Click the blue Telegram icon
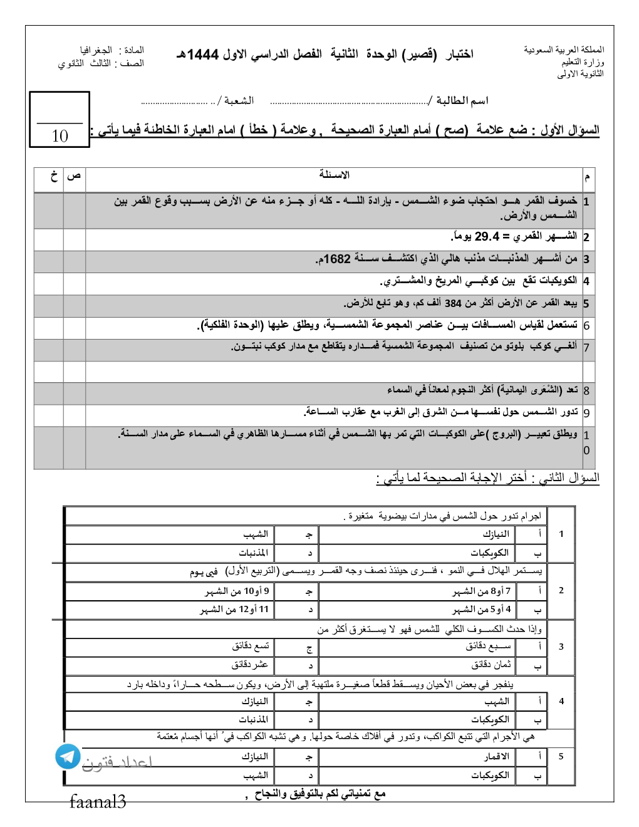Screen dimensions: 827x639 pyautogui.click(x=68, y=756)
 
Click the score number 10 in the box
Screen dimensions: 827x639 pyautogui.click(x=60, y=136)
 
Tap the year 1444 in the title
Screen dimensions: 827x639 pyautogui.click(x=203, y=55)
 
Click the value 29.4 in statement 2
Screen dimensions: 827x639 pyautogui.click(x=487, y=237)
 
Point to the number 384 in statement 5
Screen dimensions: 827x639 pyautogui.click(x=453, y=304)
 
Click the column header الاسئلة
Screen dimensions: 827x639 pyautogui.click(x=335, y=175)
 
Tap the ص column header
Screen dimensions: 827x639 pyautogui.click(x=74, y=176)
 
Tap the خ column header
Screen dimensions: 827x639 pyautogui.click(x=54, y=176)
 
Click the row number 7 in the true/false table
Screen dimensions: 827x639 pyautogui.click(x=586, y=348)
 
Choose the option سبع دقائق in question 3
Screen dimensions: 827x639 pyautogui.click(x=488, y=647)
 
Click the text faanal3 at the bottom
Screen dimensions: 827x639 pyautogui.click(x=98, y=802)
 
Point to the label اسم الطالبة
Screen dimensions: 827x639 pyautogui.click(x=462, y=101)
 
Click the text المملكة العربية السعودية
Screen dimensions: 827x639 pyautogui.click(x=564, y=49)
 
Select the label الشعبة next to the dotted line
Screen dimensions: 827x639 pyautogui.click(x=239, y=101)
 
